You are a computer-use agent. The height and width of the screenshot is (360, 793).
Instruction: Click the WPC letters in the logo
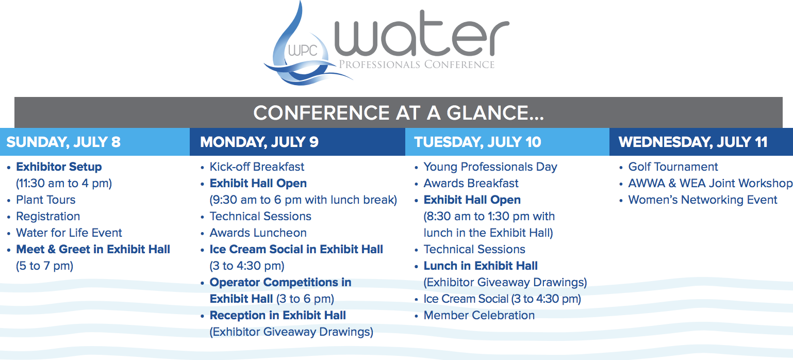(303, 50)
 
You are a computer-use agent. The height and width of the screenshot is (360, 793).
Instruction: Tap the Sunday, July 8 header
(63, 142)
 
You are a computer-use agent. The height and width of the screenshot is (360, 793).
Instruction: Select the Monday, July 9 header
(259, 142)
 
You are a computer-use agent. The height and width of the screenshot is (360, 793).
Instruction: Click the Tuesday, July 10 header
(477, 142)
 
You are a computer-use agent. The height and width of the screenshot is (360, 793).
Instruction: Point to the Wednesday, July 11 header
(693, 142)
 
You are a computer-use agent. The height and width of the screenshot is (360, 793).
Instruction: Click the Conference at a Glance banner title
(399, 113)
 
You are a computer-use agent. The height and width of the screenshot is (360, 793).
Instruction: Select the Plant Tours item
(46, 200)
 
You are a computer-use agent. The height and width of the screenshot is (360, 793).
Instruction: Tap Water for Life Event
(69, 233)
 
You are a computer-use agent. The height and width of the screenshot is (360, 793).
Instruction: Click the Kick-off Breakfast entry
(257, 167)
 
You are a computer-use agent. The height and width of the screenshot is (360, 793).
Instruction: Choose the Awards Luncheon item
(258, 233)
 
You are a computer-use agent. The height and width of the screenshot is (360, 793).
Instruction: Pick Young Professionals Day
(490, 167)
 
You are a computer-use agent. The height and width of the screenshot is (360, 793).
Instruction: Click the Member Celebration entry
(479, 315)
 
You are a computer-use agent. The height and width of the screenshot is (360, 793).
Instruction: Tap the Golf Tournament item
(673, 167)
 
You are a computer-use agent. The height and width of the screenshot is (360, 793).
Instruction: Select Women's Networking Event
(703, 200)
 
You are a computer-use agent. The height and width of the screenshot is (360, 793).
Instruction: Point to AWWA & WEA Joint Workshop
(710, 183)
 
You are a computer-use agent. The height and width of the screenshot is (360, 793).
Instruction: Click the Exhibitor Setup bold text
(59, 167)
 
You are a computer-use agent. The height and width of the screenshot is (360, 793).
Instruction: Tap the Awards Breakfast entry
(471, 183)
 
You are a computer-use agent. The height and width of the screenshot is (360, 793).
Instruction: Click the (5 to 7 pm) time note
(45, 266)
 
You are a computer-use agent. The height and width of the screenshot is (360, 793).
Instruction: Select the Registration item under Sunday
(48, 216)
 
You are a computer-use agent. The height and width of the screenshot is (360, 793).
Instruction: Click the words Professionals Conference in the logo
(417, 64)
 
